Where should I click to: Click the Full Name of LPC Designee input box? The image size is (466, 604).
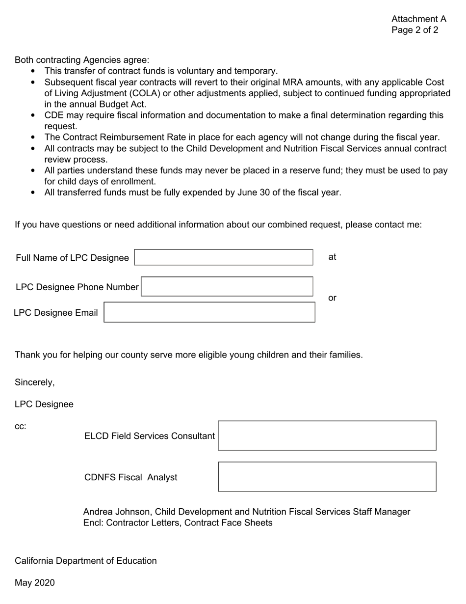pos(223,257)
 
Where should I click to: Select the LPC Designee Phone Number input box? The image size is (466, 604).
pos(227,287)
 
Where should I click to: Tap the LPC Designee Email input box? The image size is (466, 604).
pos(209,312)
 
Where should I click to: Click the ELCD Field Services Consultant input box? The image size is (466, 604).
pos(327,436)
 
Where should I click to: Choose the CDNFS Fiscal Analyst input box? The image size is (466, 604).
pos(327,477)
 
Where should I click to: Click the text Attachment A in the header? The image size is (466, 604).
pos(418,19)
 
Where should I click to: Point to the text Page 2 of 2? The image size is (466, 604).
pos(414,30)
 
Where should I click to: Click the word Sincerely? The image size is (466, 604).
pos(34,382)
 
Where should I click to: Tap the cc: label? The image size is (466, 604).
pos(21,426)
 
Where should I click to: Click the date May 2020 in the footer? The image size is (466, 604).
pos(35,583)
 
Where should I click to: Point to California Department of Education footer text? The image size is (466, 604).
pos(86,561)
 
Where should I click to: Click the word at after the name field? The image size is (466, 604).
pos(332,257)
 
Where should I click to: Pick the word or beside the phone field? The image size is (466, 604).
pos(332,298)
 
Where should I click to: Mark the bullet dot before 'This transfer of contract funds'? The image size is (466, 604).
pos(33,71)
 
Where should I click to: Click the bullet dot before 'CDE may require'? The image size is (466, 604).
pos(33,115)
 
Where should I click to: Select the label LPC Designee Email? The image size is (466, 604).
pos(55,313)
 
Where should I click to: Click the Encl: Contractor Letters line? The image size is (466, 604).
pos(178,522)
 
